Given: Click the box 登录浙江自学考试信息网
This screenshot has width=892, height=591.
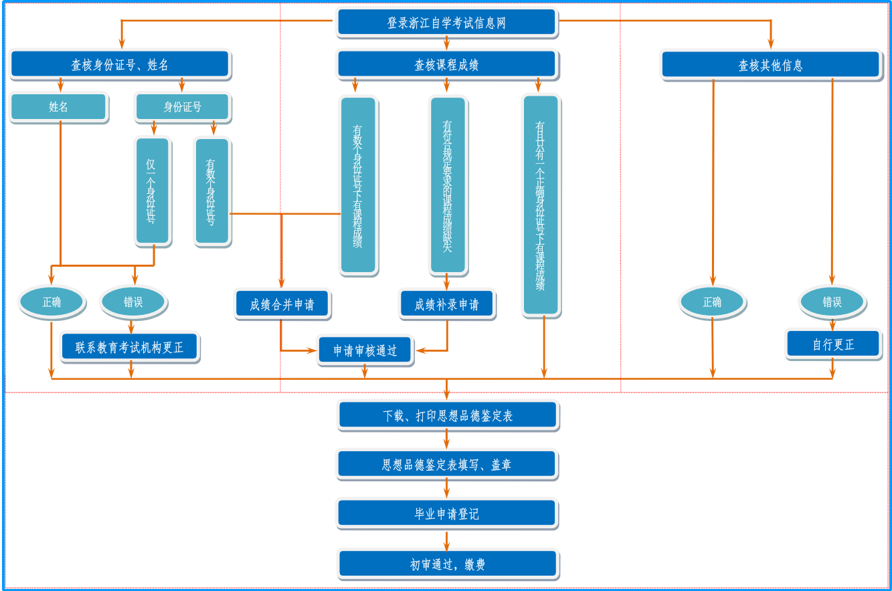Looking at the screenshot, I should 446,23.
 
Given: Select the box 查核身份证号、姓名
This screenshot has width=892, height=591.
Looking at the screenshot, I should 120,65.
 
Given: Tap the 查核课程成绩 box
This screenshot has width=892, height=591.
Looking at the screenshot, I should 446,65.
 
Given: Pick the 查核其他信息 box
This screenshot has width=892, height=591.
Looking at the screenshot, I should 770,66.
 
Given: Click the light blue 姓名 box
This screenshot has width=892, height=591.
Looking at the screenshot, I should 59,107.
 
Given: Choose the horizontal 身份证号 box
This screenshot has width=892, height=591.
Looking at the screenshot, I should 183,107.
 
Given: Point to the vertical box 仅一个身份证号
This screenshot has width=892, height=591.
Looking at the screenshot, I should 153,191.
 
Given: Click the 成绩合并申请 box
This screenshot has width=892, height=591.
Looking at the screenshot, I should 282,305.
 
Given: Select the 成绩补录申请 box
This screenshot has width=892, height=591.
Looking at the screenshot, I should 447,305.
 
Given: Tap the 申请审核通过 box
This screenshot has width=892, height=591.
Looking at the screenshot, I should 365,350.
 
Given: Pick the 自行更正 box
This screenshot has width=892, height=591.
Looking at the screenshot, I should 833,344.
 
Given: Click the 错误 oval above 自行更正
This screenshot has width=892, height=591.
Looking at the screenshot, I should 832,302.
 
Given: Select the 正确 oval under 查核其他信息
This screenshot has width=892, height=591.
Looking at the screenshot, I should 712,302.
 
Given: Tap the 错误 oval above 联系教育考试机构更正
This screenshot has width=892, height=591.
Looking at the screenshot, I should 133,302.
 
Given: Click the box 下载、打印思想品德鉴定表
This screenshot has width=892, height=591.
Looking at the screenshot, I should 447,415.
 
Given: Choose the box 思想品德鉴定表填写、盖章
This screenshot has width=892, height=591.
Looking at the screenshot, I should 446,465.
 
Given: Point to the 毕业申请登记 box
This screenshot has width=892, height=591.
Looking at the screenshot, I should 446,513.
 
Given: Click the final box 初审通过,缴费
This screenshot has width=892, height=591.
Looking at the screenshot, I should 447,564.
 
